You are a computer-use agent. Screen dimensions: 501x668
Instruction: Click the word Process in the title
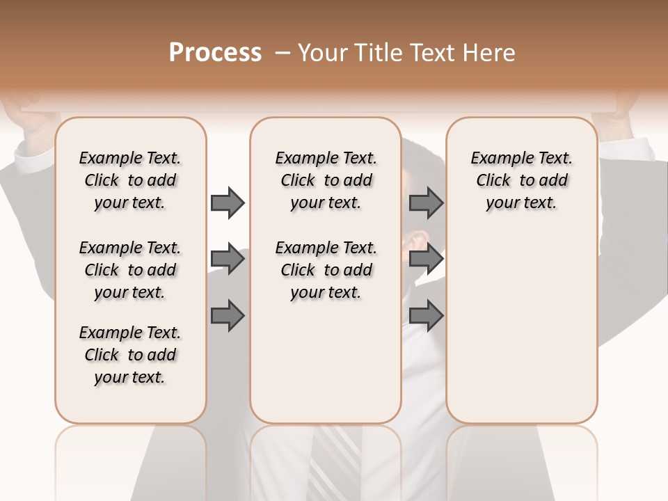pos(215,53)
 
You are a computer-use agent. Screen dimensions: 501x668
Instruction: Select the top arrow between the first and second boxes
pos(227,202)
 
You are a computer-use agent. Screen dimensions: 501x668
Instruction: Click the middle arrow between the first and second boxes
pos(227,260)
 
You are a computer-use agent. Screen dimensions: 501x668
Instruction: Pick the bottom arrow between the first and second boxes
pos(227,316)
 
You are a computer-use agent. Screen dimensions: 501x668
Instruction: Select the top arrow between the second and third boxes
pos(426,202)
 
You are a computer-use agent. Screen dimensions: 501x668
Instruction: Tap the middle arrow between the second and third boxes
pos(426,260)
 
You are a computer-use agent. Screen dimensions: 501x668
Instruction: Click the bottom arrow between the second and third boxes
pos(426,316)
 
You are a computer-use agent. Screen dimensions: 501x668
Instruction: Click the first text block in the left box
pos(130,180)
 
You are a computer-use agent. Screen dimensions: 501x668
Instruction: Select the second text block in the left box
pos(130,270)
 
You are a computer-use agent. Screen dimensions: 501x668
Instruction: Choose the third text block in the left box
pos(130,355)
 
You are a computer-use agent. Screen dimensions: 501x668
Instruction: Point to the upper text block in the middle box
pos(326,180)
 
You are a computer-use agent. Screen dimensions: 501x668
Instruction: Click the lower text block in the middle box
pos(326,270)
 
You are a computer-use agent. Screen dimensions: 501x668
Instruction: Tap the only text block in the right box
pos(521,180)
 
